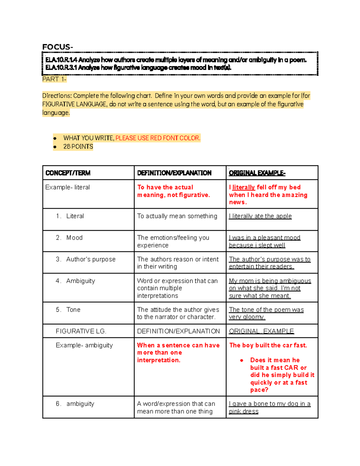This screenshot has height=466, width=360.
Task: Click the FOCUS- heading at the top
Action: coord(57,47)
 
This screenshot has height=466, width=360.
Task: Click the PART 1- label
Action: coord(54,79)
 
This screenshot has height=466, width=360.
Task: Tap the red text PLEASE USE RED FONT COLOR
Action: coord(158,138)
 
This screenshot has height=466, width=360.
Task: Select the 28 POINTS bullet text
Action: coord(78,147)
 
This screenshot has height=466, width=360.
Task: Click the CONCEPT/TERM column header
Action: coord(68,173)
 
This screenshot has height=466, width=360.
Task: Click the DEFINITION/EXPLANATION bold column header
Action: coord(174,173)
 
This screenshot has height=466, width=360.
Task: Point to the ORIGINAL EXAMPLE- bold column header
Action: coord(257,173)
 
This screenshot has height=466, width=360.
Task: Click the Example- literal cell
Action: coord(67,187)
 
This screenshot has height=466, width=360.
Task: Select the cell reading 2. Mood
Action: coord(69,238)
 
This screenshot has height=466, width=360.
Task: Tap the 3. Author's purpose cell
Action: coord(86,259)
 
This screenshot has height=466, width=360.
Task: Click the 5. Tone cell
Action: coord(68,310)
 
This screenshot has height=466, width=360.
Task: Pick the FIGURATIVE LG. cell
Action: coord(81,331)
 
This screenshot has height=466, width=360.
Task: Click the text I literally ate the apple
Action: coord(260,216)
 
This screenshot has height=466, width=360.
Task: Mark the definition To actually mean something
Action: coord(177,216)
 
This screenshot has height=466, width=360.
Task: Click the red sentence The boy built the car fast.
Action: coord(268,345)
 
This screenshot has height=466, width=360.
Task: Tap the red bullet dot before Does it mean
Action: coord(241,360)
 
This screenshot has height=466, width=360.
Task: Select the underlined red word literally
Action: coord(243,187)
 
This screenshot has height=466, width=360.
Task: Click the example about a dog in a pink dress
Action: coord(269,407)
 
